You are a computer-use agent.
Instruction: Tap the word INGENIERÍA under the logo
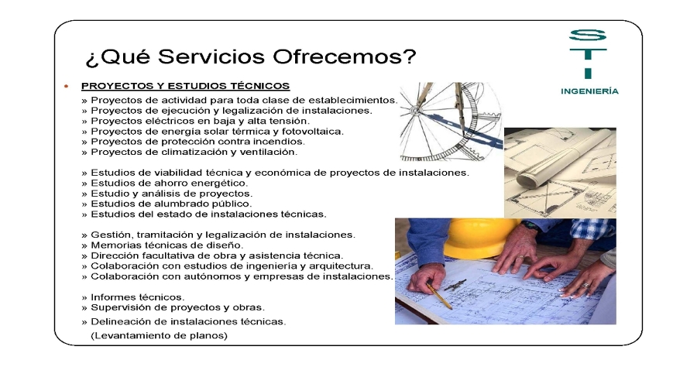pyautogui.click(x=589, y=91)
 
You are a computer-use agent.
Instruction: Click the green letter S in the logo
pyautogui.click(x=588, y=35)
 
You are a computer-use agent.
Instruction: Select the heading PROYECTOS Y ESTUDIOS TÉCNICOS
pyautogui.click(x=185, y=86)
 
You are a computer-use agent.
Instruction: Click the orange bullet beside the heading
pyautogui.click(x=67, y=86)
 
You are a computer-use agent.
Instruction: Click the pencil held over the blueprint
pyautogui.click(x=439, y=296)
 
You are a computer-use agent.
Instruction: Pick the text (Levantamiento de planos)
pyautogui.click(x=159, y=335)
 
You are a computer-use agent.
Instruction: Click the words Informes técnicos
pyautogui.click(x=137, y=297)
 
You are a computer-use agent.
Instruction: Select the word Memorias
pyautogui.click(x=114, y=245)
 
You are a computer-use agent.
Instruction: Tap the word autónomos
pyautogui.click(x=215, y=276)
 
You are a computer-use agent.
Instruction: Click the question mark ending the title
pyautogui.click(x=410, y=57)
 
